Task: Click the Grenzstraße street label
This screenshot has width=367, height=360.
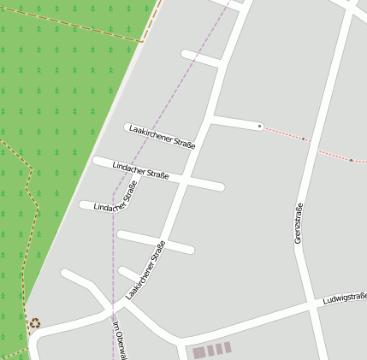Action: tap(299, 223)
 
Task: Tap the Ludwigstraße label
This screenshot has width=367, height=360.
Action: tap(345, 298)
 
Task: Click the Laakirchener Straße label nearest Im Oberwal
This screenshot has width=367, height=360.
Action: tap(145, 269)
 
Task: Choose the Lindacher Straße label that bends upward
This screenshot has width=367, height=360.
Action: tap(115, 196)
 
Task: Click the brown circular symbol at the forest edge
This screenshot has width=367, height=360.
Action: tap(34, 323)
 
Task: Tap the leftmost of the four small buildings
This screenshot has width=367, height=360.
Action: tap(198, 352)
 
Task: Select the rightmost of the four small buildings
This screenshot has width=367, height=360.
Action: tap(228, 347)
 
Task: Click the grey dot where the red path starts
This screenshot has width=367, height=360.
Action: tap(260, 126)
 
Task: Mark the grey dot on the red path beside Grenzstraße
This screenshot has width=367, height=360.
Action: tap(304, 139)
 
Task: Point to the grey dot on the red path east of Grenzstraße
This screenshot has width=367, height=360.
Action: tap(351, 160)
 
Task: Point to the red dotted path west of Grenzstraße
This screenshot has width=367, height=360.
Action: tap(282, 133)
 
